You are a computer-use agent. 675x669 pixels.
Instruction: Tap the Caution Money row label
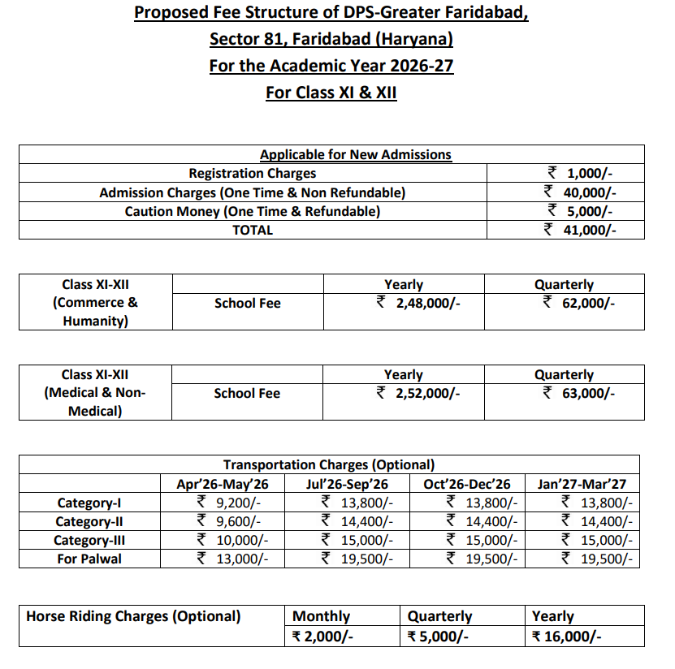(252, 211)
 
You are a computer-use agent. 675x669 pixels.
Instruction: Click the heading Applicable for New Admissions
(355, 154)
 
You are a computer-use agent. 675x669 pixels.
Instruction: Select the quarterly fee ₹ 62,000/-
(578, 303)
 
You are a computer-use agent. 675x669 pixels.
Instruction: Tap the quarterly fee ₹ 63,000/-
(578, 393)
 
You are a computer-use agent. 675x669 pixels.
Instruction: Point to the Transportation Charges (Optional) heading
(329, 465)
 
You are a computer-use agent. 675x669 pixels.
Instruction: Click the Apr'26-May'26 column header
(222, 484)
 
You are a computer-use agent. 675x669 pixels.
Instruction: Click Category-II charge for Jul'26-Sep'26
(357, 521)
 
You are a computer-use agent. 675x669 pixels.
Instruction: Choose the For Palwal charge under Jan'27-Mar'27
(597, 559)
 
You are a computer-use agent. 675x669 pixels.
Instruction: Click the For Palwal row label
(89, 559)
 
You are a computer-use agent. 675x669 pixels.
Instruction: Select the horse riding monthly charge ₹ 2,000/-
(322, 636)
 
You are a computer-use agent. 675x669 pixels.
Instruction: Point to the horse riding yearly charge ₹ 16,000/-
(566, 636)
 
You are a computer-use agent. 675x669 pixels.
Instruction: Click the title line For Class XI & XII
(331, 93)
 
